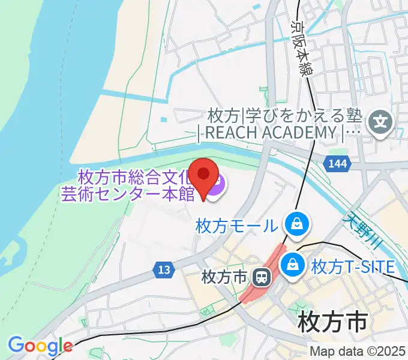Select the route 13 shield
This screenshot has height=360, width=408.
[164, 270]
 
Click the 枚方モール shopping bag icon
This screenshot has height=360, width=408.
[296, 225]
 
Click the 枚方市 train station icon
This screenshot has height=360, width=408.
[262, 277]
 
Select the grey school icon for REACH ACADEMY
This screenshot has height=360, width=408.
[380, 123]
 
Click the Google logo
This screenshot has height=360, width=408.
[40, 346]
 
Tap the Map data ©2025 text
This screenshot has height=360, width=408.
[358, 352]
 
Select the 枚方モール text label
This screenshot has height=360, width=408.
[238, 226]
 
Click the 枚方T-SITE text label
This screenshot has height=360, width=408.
[353, 265]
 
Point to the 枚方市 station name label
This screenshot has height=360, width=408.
[225, 278]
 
